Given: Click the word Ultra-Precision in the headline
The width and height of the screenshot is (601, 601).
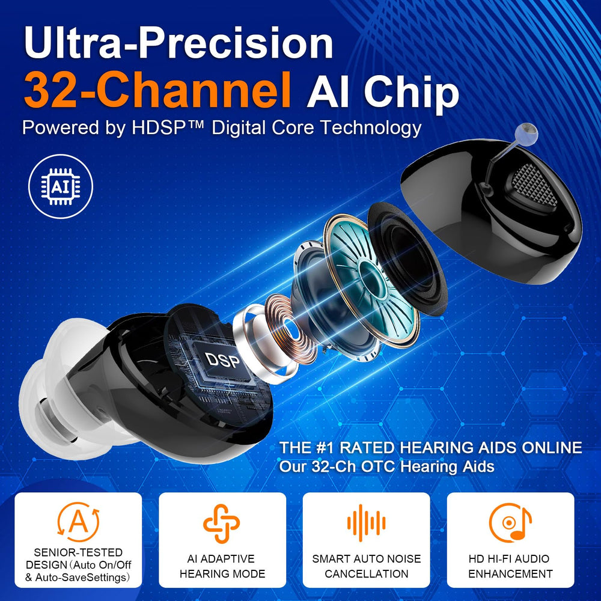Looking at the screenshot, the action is pyautogui.click(x=178, y=43).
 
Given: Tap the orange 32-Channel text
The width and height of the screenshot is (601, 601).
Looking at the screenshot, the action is pyautogui.click(x=157, y=90).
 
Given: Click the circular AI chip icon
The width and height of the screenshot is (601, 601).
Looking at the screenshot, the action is pyautogui.click(x=61, y=187).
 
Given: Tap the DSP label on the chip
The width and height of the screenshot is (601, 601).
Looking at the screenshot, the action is pyautogui.click(x=223, y=361).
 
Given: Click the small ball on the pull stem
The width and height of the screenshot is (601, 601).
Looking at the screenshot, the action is pyautogui.click(x=526, y=133).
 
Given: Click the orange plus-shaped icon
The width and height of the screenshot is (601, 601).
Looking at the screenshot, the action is pyautogui.click(x=222, y=523).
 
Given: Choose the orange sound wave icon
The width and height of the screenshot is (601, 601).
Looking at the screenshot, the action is pyautogui.click(x=366, y=523).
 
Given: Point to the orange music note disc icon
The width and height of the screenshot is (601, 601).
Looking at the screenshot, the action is pyautogui.click(x=510, y=523).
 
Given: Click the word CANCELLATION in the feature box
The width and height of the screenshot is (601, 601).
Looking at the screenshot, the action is pyautogui.click(x=367, y=574).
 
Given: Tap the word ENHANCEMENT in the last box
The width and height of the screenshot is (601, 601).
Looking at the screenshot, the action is pyautogui.click(x=510, y=574).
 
